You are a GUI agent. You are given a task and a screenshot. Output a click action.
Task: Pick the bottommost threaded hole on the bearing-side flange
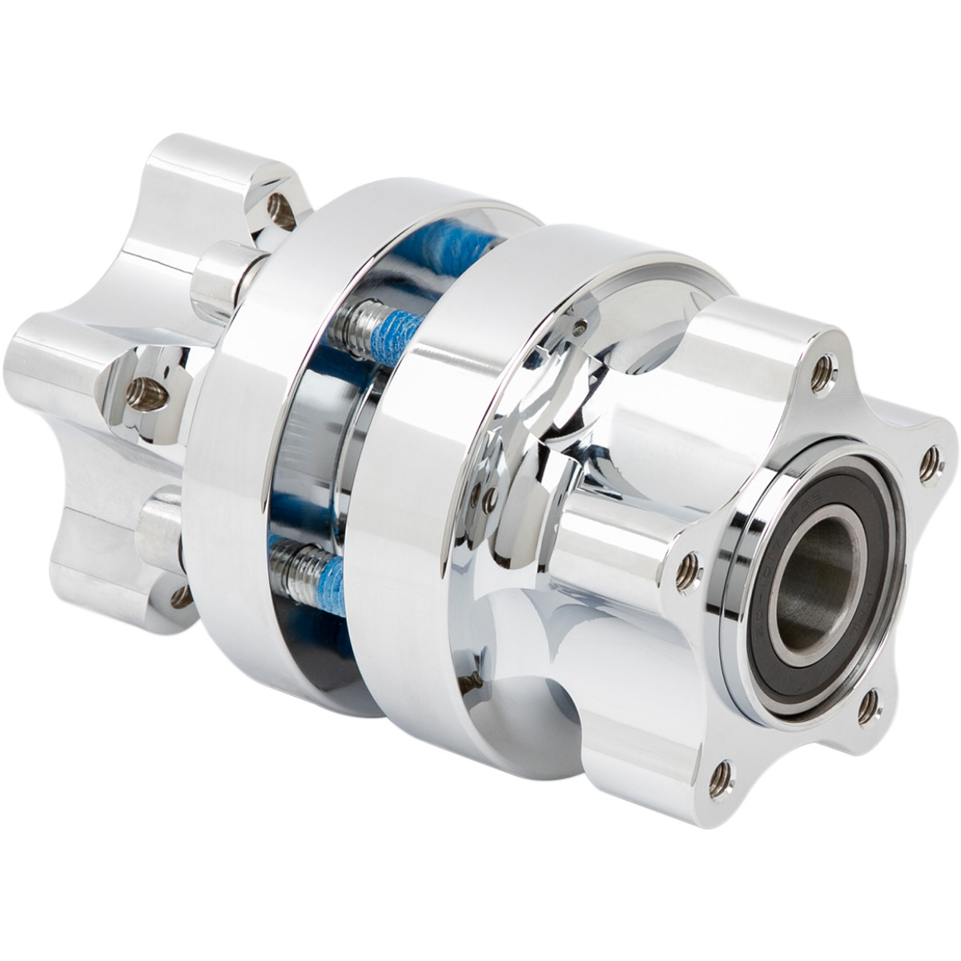pyautogui.click(x=722, y=774)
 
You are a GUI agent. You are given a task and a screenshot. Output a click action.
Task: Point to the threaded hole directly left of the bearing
pyautogui.click(x=686, y=569)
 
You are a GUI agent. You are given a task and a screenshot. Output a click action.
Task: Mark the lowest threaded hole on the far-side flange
pyautogui.click(x=181, y=596)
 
